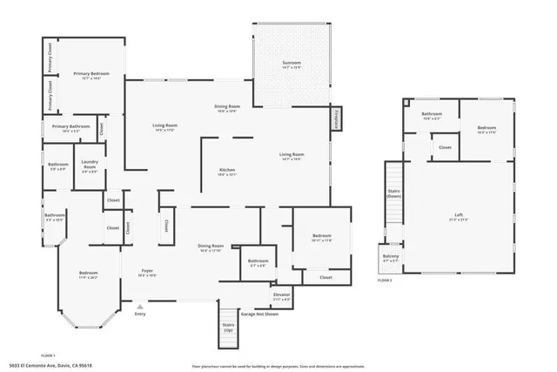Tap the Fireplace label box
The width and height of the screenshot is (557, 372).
tap(336, 118)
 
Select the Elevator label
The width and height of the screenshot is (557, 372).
tap(281, 296)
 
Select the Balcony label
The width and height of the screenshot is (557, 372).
tap(391, 257)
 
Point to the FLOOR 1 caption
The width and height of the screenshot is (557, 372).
tap(49, 356)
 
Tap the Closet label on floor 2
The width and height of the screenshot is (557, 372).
tap(445, 147)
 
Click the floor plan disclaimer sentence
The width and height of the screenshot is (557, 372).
tap(278, 366)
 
